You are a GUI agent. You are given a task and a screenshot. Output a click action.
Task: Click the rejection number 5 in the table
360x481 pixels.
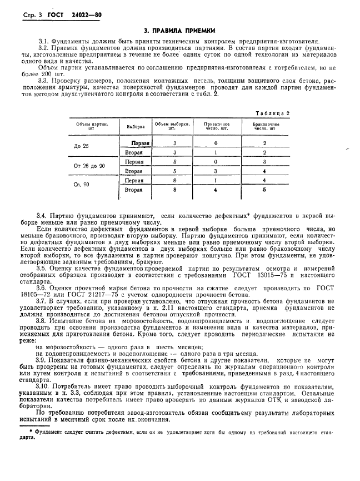coord(264,190)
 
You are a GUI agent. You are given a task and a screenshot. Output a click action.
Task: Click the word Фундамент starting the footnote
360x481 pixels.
coord(48,431)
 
